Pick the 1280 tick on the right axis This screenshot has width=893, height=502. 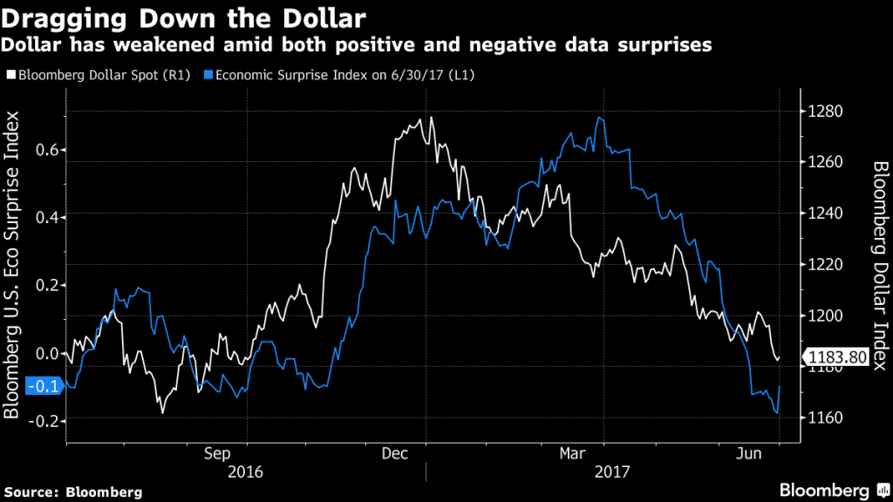point(824,112)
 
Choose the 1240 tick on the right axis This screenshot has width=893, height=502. point(824,214)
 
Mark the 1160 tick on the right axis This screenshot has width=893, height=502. point(824,418)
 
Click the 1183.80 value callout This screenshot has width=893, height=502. point(838,357)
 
